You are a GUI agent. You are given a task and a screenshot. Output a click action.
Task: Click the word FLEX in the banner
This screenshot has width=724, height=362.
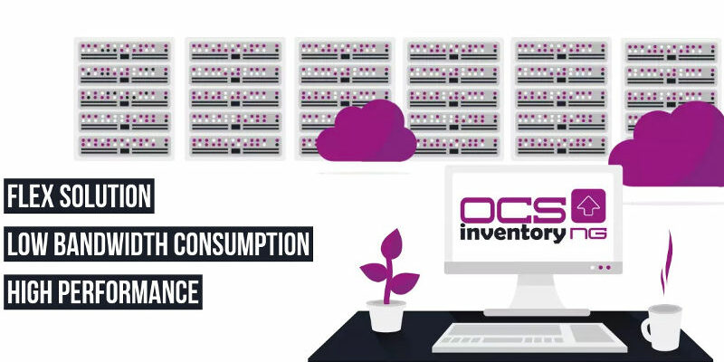pyautogui.click(x=28, y=195)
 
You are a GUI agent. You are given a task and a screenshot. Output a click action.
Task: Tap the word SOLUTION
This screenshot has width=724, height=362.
pyautogui.click(x=104, y=195)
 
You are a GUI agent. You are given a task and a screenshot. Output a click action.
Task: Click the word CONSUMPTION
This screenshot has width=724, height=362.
pyautogui.click(x=241, y=243)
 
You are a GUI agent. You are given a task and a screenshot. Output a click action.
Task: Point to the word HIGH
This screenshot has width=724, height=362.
pyautogui.click(x=29, y=291)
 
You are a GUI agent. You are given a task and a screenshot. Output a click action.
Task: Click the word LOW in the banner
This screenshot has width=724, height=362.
pyautogui.click(x=26, y=243)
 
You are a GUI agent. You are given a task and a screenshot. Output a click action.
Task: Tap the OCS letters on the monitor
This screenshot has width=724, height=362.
pyautogui.click(x=512, y=210)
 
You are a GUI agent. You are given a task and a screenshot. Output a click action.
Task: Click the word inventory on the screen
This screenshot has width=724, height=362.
pyautogui.click(x=512, y=233)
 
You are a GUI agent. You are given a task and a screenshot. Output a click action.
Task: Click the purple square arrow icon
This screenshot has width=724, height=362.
pyautogui.click(x=588, y=205)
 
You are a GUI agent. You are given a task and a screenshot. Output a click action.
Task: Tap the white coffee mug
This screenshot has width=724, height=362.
pyautogui.click(x=662, y=327)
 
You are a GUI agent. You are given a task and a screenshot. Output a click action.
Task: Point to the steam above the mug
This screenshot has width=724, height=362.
pyautogui.click(x=666, y=262)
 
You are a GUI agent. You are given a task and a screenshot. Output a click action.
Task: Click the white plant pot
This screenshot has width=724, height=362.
pyautogui.click(x=386, y=316)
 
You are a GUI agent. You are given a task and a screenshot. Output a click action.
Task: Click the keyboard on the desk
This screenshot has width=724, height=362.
pyautogui.click(x=529, y=338)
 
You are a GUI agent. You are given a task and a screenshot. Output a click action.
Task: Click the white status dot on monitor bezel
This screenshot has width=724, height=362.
pyautogui.click(x=593, y=267)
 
